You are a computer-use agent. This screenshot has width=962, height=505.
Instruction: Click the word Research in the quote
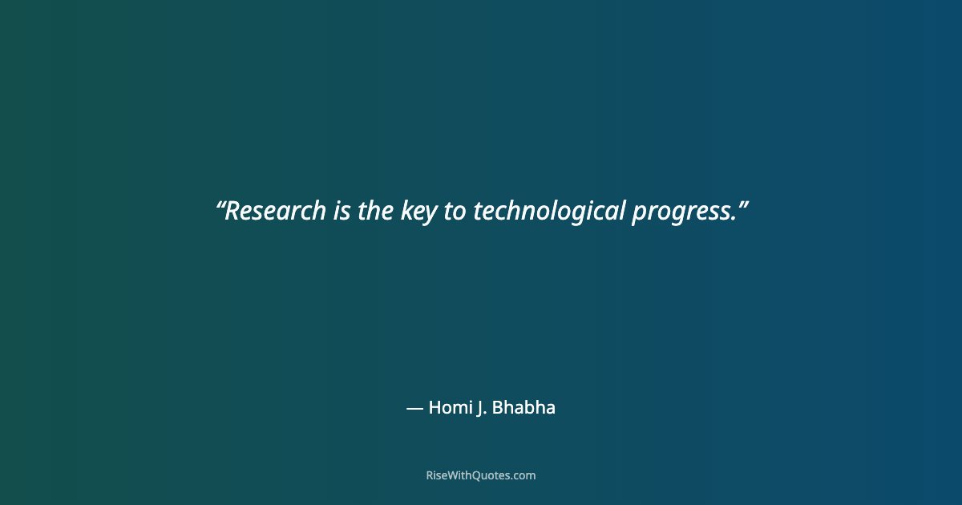point(275,212)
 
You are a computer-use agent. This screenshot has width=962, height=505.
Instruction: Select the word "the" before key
point(375,212)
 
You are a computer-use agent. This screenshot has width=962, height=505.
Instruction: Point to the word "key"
point(418,212)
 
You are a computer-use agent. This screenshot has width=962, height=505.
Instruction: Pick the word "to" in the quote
point(455,212)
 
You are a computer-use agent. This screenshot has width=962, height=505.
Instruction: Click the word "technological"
point(548,212)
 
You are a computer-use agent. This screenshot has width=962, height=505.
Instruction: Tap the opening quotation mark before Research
point(220,204)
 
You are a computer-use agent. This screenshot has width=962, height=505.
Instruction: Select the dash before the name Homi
point(414,408)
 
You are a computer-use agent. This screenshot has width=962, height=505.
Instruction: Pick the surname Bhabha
point(523,407)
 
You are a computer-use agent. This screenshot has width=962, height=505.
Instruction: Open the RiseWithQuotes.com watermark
point(480,475)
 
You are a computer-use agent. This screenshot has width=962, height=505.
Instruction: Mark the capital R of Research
point(232,212)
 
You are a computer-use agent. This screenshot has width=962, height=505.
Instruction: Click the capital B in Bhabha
point(497,407)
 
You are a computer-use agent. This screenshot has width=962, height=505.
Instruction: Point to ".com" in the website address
point(523,475)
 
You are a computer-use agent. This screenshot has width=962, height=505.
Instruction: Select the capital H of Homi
point(435,407)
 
